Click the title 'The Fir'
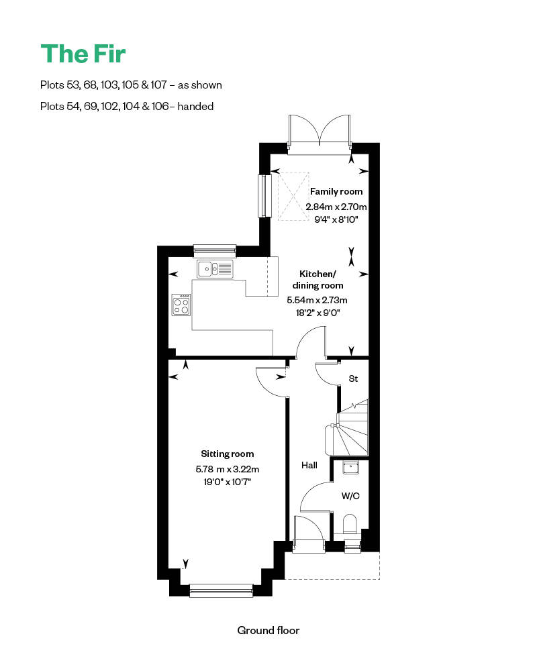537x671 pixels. pos(83,54)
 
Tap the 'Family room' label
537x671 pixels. pos(336,192)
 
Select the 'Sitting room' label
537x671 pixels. pos(228,454)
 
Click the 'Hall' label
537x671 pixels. pos(309,464)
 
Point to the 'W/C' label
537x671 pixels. pos(350,497)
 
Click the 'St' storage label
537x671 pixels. pos(353,378)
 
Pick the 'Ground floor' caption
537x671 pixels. pos(268,630)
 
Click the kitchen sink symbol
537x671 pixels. pos(214,268)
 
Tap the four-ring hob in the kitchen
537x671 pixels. pos(181,305)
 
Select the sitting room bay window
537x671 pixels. pos(221,590)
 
